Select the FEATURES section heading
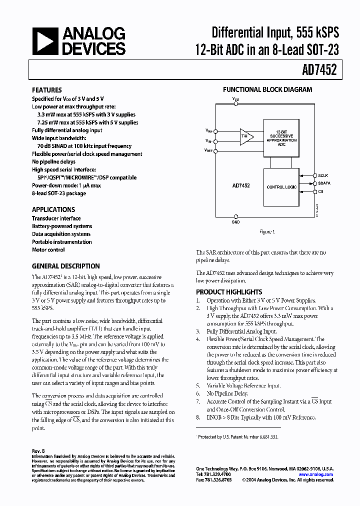(x=47, y=90)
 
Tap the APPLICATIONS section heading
(x=53, y=209)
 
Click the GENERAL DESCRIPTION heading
(x=66, y=266)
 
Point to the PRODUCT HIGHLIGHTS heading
(x=229, y=292)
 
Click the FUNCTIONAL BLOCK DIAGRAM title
(x=267, y=90)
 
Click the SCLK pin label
(x=323, y=175)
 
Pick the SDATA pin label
(x=324, y=183)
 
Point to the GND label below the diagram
(x=235, y=221)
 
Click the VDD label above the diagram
(x=236, y=99)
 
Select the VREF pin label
(x=208, y=150)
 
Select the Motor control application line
(x=48, y=249)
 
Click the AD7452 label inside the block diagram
(x=241, y=185)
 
